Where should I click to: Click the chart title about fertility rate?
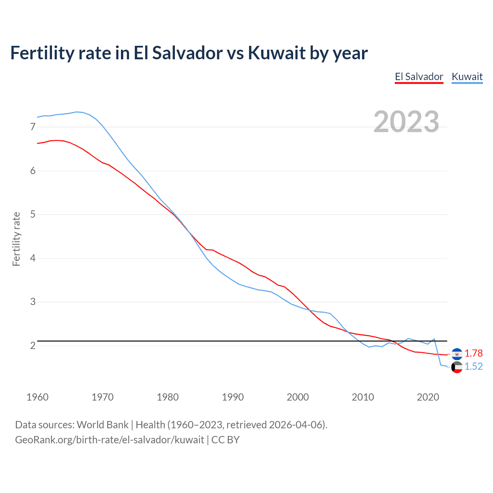pyautogui.click(x=189, y=53)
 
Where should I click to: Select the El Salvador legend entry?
pyautogui.click(x=419, y=77)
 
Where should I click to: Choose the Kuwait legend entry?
pyautogui.click(x=467, y=77)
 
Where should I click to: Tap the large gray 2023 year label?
pyautogui.click(x=406, y=122)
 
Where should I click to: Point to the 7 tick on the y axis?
pyautogui.click(x=32, y=127)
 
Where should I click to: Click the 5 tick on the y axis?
pyautogui.click(x=32, y=214)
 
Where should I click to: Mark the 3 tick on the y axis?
pyautogui.click(x=32, y=302)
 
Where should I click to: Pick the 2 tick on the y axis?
pyautogui.click(x=32, y=345)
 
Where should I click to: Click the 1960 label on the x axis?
pyautogui.click(x=37, y=397)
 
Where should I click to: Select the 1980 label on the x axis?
pyautogui.click(x=168, y=397)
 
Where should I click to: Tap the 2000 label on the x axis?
pyautogui.click(x=298, y=397)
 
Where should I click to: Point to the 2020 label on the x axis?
pyautogui.click(x=428, y=397)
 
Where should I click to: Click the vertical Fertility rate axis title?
pyautogui.click(x=16, y=239)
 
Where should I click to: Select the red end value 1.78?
pyautogui.click(x=473, y=353)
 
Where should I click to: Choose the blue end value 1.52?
pyautogui.click(x=473, y=366)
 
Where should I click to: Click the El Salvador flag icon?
pyautogui.click(x=457, y=354)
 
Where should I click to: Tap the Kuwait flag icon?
pyautogui.click(x=457, y=367)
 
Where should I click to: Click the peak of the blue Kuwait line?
pyautogui.click(x=76, y=112)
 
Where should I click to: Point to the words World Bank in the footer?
pyautogui.click(x=102, y=425)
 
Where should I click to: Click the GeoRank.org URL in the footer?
pyautogui.click(x=109, y=440)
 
